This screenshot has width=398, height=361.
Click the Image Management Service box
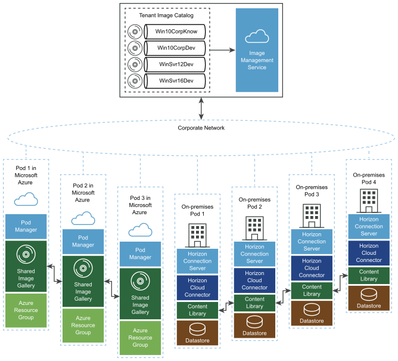[x=258, y=50]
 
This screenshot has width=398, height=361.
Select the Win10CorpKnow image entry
[x=176, y=31]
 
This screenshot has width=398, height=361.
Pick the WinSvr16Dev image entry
[x=176, y=80]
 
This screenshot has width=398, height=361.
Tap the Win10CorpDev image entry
[x=176, y=47]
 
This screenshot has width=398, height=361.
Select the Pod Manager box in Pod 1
[x=25, y=226]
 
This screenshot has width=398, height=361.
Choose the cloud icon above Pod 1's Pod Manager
[x=25, y=199]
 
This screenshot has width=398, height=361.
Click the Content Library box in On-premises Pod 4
[x=368, y=274]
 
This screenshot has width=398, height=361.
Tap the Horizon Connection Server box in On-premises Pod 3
[x=311, y=242]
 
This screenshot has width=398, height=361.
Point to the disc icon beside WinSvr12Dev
[x=136, y=63]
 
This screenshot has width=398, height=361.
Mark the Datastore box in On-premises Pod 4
[x=368, y=298]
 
